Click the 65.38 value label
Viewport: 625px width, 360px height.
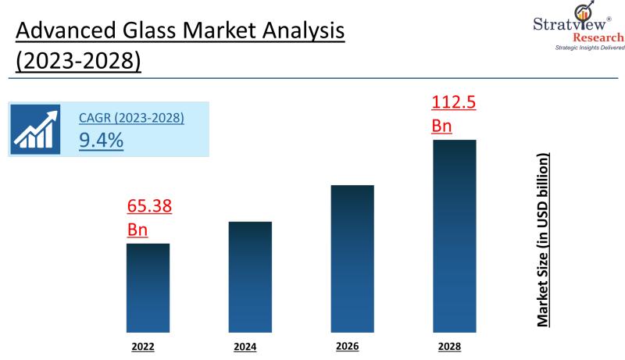(x=149, y=207)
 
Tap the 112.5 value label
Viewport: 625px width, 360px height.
(x=454, y=102)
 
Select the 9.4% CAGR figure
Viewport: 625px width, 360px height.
(x=101, y=141)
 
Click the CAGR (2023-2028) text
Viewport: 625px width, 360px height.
(x=131, y=119)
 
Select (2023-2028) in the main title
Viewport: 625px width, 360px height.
(x=78, y=62)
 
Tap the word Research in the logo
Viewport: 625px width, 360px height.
(x=598, y=37)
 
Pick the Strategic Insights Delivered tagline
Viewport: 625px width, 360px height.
(x=589, y=48)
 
